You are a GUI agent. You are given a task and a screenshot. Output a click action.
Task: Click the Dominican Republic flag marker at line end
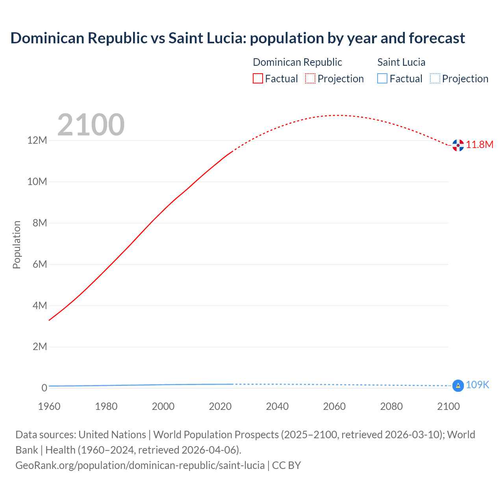coord(458,145)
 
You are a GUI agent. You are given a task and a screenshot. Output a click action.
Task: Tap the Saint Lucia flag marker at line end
coord(458,386)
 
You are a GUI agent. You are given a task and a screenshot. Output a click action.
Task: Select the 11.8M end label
coord(480,145)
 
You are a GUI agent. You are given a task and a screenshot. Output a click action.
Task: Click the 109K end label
coord(477,385)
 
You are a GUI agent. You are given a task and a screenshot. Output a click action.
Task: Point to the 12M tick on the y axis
coord(37,141)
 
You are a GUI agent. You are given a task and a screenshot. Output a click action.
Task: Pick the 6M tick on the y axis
coord(40,264)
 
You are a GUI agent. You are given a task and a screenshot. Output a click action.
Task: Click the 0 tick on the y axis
coord(44,388)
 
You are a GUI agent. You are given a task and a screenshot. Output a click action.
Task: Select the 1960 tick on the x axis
coord(49,406)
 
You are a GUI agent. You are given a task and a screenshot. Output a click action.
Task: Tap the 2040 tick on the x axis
coord(277,406)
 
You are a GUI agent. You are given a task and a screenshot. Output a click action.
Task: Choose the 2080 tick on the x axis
coord(391,406)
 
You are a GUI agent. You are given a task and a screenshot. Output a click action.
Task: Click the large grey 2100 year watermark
coord(91,125)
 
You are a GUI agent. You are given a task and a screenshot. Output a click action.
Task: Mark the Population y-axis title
coord(17,245)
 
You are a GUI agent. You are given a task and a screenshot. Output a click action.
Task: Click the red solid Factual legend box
coord(258,79)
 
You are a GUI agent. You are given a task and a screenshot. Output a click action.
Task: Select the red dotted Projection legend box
coord(310,79)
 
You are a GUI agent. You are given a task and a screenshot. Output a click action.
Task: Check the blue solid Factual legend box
coord(382,79)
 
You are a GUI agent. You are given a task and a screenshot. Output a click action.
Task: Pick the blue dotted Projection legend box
coord(435,79)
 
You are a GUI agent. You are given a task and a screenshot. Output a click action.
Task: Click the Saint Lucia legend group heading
coord(401,62)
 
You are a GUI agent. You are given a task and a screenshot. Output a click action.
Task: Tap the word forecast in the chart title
coord(437,38)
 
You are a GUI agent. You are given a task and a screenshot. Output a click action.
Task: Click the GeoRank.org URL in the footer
coord(140,465)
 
